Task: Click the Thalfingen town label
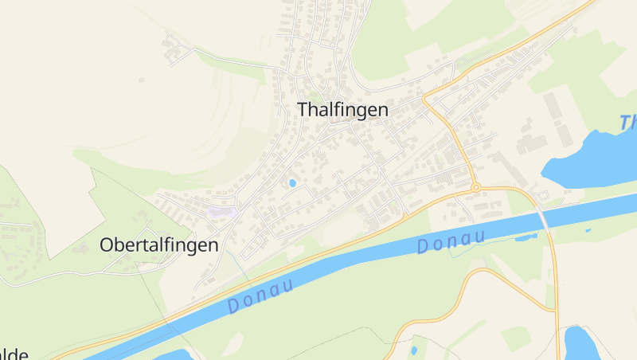pos(342,110)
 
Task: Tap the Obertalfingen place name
pos(158,245)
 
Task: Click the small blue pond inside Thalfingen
pos(292,183)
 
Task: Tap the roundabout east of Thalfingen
pos(476,188)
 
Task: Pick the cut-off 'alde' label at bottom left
pos(14,354)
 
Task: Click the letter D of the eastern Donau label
pos(423,248)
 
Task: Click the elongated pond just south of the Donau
pos(526,237)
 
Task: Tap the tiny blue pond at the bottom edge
pos(413,350)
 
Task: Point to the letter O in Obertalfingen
pos(107,245)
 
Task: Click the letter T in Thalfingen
pos(303,110)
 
